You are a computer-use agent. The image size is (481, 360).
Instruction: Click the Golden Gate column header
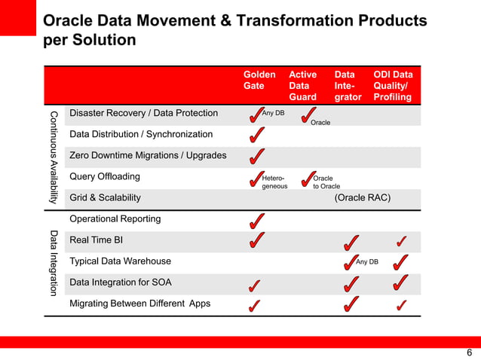pyautogui.click(x=254, y=81)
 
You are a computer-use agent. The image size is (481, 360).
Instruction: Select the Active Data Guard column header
pyautogui.click(x=303, y=86)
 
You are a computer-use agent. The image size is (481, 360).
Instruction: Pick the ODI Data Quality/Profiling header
pyautogui.click(x=393, y=86)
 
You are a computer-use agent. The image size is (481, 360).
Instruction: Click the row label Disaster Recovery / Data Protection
pyautogui.click(x=143, y=114)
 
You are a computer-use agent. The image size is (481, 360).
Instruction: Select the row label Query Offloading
pyautogui.click(x=105, y=177)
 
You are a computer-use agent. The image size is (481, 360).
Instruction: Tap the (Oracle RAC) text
pyautogui.click(x=362, y=198)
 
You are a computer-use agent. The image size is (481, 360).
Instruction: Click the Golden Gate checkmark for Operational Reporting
pyautogui.click(x=256, y=221)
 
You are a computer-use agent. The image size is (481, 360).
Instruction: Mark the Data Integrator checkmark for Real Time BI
pyautogui.click(x=350, y=242)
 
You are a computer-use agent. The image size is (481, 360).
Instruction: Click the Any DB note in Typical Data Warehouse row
pyautogui.click(x=367, y=262)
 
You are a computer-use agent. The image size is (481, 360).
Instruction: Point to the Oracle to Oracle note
pyautogui.click(x=326, y=182)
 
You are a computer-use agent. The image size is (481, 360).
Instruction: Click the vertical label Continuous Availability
pyautogui.click(x=53, y=157)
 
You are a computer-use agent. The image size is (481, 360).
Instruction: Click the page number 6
pyautogui.click(x=469, y=352)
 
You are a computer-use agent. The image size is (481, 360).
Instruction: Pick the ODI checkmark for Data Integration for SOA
pyautogui.click(x=401, y=283)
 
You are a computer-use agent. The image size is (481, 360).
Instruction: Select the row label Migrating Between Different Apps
pyautogui.click(x=140, y=304)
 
